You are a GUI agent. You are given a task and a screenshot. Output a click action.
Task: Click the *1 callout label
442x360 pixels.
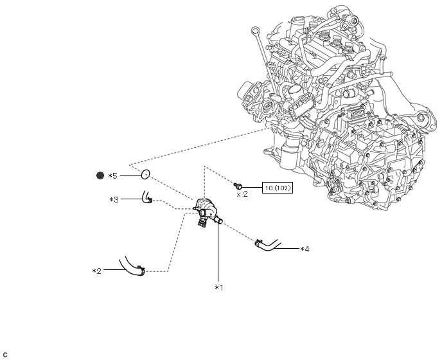coord(218,288)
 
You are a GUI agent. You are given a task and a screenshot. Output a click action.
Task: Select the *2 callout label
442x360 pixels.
coord(96,271)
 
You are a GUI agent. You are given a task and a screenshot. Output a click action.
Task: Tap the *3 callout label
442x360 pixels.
coord(114,200)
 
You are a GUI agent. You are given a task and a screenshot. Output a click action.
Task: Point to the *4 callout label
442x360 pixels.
coord(305,249)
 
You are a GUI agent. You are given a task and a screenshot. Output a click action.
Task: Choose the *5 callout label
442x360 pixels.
coord(112,176)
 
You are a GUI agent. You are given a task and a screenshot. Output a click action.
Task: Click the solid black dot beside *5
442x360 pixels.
coord(100,175)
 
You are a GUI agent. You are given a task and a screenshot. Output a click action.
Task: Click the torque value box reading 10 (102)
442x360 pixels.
coord(278,188)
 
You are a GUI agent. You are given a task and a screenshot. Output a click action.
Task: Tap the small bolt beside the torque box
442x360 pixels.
coord(238,186)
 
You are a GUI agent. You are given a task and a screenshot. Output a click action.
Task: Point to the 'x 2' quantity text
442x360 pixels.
coord(242,194)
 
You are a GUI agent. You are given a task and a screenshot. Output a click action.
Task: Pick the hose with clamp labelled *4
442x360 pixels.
coord(267,246)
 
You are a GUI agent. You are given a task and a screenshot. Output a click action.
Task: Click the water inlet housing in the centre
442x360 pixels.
coord(207,212)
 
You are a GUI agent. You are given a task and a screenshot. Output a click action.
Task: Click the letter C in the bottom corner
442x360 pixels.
coord(5,355)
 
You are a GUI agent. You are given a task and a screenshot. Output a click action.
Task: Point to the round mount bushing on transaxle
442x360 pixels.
coord(421,118)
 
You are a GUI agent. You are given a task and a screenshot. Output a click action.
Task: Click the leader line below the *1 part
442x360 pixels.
coord(218,253)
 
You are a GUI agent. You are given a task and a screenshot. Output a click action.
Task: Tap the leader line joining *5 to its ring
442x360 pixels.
coord(131,175)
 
